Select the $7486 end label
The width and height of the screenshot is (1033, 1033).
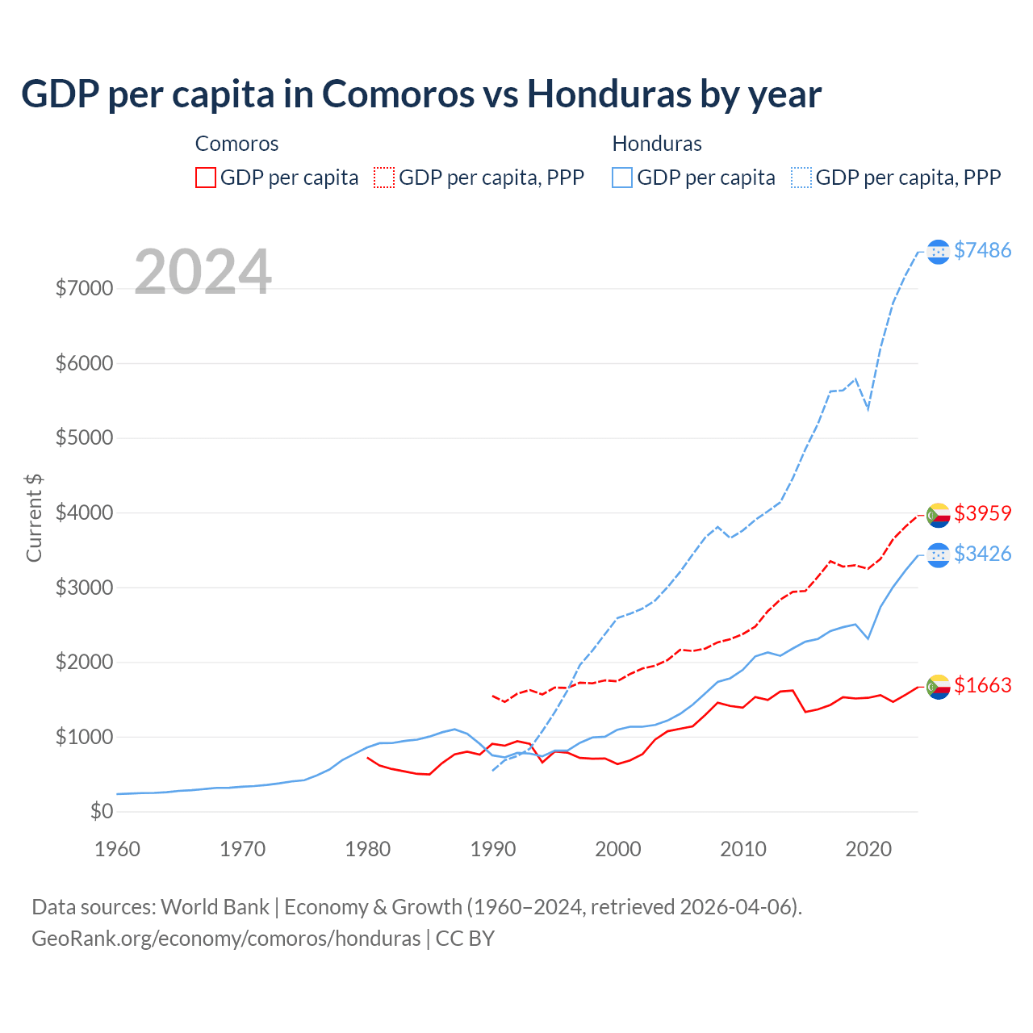[x=982, y=251]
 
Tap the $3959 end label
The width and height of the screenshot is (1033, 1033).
[x=982, y=513]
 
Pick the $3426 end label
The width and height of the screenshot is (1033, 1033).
[x=982, y=554]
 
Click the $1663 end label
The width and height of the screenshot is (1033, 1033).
[x=982, y=685]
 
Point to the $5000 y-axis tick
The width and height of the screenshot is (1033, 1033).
[x=84, y=438]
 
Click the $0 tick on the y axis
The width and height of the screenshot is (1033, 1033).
[x=101, y=812]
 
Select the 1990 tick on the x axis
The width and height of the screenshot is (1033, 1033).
[x=492, y=849]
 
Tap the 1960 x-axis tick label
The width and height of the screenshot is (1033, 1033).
[x=118, y=849]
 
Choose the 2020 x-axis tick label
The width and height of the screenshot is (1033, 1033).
[x=868, y=849]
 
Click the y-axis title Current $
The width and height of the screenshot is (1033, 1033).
[x=34, y=517]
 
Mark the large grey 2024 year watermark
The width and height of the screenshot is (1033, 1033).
[x=203, y=272]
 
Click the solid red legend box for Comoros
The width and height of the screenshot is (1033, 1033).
[x=206, y=178]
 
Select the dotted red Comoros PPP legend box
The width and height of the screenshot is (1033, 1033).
[x=384, y=178]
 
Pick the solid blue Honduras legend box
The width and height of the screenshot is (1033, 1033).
[x=622, y=178]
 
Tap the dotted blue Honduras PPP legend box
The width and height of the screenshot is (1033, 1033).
[x=801, y=178]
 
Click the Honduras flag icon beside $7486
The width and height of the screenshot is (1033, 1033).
[x=938, y=252]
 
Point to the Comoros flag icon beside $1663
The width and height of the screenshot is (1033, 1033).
[x=938, y=686]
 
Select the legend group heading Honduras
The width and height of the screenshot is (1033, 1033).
[x=657, y=144]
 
